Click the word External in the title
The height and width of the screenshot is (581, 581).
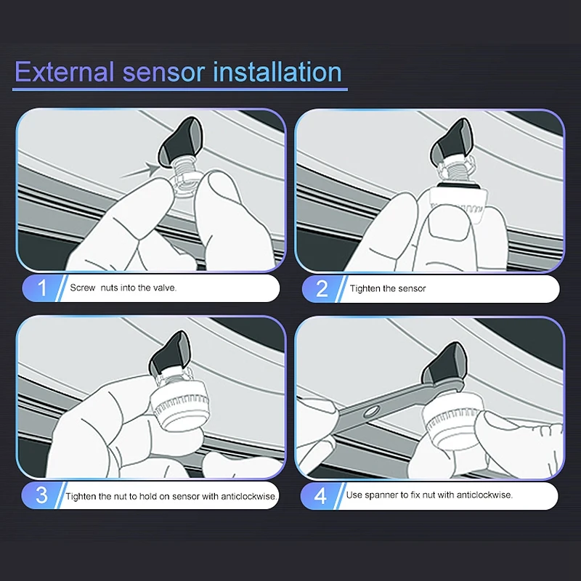(64, 71)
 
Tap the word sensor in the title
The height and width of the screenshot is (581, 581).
(163, 73)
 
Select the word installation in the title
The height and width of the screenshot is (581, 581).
(277, 71)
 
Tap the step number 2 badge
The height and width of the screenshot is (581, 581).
(322, 288)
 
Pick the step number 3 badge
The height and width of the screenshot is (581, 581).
(41, 495)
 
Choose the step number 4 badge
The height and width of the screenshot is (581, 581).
(320, 496)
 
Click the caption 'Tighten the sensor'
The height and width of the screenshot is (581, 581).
(388, 288)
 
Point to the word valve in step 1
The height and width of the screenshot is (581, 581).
(165, 288)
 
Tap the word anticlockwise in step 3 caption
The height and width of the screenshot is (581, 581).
(249, 497)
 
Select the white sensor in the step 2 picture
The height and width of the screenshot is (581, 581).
(458, 204)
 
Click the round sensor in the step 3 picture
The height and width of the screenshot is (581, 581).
(179, 406)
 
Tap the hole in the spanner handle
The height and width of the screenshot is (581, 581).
(371, 411)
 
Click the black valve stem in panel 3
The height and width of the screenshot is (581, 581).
(170, 353)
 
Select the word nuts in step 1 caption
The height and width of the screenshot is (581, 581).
(109, 288)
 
